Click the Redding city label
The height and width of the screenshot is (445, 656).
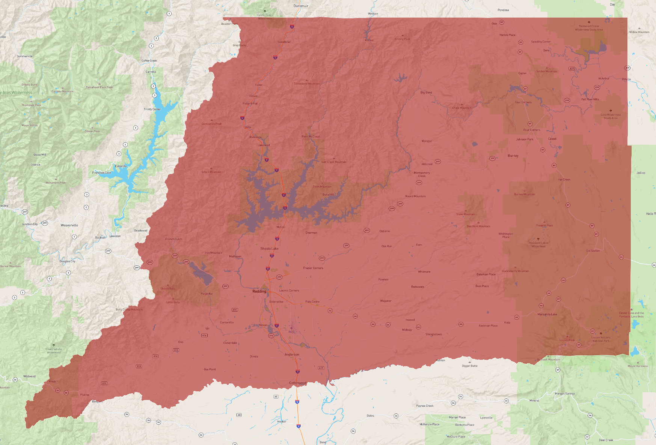tap(259, 291)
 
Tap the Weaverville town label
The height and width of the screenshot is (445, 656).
tap(69, 225)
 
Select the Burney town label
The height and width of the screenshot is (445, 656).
tap(513, 156)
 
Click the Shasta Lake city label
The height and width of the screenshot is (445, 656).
tap(269, 248)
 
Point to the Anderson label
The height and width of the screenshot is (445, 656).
tap(292, 354)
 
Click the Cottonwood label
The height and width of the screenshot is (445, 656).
tap(298, 383)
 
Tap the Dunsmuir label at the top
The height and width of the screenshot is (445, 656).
tap(301, 6)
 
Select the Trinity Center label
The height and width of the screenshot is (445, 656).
tap(152, 109)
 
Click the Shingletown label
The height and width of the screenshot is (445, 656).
tap(434, 334)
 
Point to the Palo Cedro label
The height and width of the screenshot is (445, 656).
tap(312, 302)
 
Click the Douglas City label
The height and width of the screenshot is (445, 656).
tap(67, 261)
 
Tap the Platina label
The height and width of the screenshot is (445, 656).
tap(84, 395)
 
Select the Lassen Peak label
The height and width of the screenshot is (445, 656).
tap(567, 340)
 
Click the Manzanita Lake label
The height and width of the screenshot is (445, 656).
tap(547, 314)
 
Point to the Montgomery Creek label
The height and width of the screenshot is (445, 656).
tap(422, 174)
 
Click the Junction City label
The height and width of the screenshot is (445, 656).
tap(30, 224)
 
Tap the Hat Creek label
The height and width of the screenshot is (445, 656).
tap(564, 179)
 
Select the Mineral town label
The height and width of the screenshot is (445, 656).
tap(534, 400)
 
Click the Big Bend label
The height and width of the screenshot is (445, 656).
tap(426, 92)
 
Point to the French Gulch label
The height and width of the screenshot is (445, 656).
tap(173, 239)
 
